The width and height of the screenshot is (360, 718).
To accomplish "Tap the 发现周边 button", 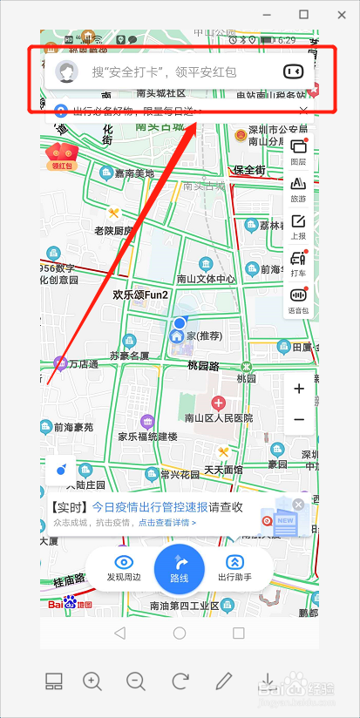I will coord(124,568).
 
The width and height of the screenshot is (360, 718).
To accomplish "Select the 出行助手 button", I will coord(234,568).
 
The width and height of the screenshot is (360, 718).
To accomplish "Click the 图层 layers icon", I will coord(298,152).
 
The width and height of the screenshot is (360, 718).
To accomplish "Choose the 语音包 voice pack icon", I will coord(298,299).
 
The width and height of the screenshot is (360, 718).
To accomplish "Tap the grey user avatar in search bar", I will coord(66,71).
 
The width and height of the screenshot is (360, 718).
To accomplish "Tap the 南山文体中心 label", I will coord(206,279).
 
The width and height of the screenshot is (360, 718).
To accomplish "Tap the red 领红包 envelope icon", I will coord(59,154).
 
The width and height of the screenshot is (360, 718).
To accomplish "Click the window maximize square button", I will coord(303,14).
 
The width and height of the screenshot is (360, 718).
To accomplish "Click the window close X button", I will coord(340,14).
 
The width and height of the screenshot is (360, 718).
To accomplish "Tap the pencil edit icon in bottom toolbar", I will coord(223,681).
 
